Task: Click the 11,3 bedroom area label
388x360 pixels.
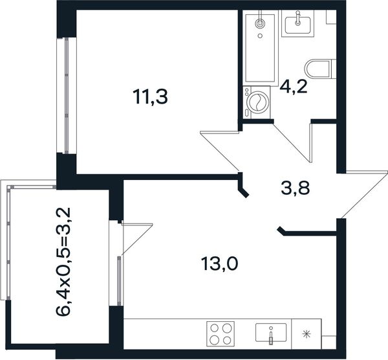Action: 150,97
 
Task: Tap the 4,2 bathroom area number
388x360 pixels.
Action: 294,87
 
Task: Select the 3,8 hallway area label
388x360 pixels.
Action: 296,188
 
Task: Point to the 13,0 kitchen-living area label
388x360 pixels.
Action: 220,264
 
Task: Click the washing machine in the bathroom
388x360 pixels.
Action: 257,102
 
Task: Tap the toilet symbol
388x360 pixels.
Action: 321,69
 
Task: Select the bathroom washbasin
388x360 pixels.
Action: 297,23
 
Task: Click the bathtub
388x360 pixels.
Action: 260,48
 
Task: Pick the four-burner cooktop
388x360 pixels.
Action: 221,333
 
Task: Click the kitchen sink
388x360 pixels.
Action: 271,333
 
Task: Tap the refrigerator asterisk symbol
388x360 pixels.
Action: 307,334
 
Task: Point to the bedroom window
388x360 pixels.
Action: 67,95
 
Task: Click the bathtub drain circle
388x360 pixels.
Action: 260,36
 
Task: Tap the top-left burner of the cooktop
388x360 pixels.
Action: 214,328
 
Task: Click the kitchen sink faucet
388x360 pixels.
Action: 271,335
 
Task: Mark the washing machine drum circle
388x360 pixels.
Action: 257,102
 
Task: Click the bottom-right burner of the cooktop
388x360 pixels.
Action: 227,340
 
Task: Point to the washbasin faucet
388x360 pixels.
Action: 298,19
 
